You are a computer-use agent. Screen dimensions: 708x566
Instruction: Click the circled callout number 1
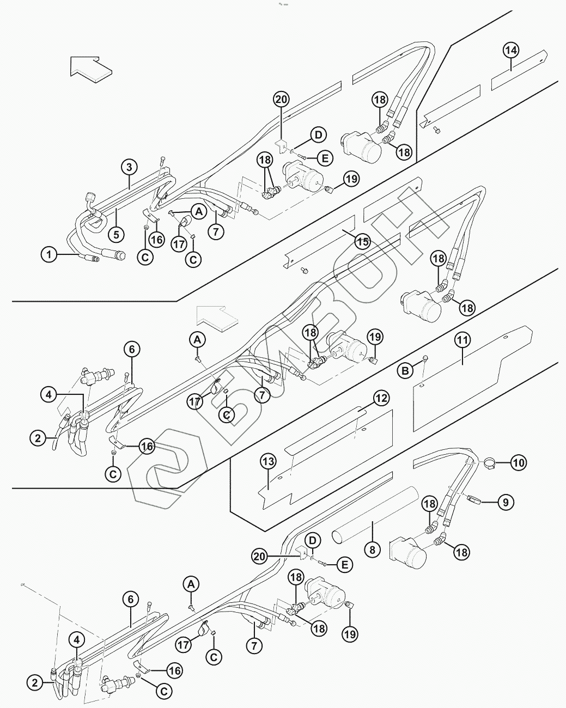(x=49, y=254)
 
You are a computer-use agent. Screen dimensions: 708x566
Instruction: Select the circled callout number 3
(x=129, y=166)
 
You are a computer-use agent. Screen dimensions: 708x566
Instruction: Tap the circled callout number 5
(x=115, y=234)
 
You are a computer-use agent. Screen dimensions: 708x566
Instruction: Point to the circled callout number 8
(x=373, y=550)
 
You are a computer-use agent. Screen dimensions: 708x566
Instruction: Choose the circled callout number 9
(x=506, y=502)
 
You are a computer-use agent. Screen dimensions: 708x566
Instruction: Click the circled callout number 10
(x=519, y=463)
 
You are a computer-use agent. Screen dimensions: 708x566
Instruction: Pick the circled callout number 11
(x=462, y=340)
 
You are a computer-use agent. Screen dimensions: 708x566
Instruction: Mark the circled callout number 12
(x=381, y=398)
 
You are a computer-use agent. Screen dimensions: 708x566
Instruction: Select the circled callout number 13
(x=268, y=462)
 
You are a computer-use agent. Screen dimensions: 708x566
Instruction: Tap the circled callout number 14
(x=510, y=51)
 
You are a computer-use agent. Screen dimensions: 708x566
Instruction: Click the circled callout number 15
(x=363, y=242)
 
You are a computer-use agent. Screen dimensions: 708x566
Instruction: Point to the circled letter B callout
(x=405, y=371)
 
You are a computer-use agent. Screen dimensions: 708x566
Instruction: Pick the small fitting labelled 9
(x=473, y=498)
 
